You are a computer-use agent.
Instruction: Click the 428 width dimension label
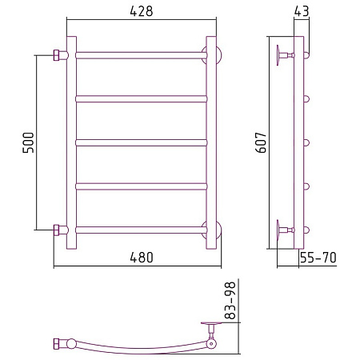point(142,11)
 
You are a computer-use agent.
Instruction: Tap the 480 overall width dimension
point(142,258)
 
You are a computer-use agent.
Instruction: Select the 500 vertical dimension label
point(28,142)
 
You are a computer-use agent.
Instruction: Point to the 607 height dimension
point(261,142)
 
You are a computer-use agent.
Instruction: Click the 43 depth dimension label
point(302,11)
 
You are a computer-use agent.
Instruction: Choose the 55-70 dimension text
point(318,258)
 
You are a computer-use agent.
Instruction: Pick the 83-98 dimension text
point(230,300)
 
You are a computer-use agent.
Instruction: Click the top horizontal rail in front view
point(142,55)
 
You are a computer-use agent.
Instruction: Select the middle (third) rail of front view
point(142,142)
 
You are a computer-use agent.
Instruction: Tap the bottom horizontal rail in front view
point(142,230)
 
